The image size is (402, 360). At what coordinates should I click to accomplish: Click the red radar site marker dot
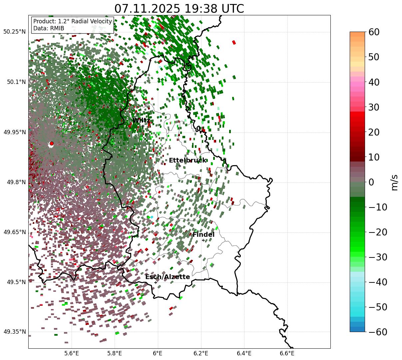(51, 144)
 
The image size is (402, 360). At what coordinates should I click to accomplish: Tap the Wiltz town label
(142, 121)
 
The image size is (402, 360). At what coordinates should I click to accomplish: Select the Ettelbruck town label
(188, 161)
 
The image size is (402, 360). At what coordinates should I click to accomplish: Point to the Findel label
(203, 235)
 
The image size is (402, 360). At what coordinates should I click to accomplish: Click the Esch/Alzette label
(168, 277)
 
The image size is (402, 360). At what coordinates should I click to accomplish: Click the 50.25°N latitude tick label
(14, 32)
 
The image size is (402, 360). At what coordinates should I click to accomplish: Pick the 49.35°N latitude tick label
(14, 332)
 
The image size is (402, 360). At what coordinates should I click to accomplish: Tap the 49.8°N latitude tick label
(16, 182)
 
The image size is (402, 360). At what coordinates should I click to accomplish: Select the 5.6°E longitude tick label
(72, 353)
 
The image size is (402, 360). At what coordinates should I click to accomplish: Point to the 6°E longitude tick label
(158, 353)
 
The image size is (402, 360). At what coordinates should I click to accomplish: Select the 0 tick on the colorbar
(371, 182)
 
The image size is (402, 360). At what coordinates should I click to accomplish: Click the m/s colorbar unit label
(395, 182)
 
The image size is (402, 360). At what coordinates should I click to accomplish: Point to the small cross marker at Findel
(203, 240)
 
